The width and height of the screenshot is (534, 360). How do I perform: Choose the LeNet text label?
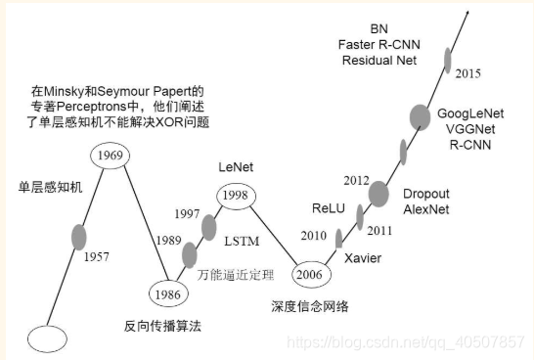tap(237, 168)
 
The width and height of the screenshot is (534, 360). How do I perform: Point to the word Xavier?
tap(363, 257)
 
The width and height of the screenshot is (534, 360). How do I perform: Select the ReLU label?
tap(329, 208)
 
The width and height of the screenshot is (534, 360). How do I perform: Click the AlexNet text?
tap(427, 209)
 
